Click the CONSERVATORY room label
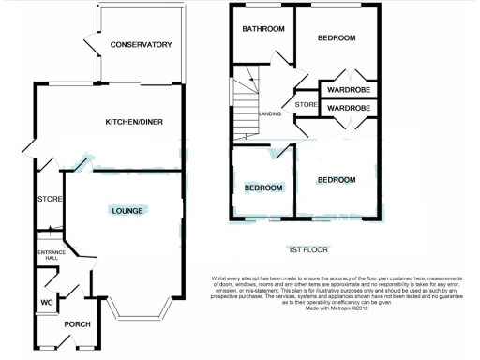click(141, 45)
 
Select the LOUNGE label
click(127, 211)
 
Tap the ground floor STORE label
click(49, 200)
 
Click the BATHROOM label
click(263, 29)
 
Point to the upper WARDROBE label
click(349, 90)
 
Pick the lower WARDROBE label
click(349, 109)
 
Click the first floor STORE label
click(307, 104)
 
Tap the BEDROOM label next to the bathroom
click(336, 38)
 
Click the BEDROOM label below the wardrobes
click(336, 179)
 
